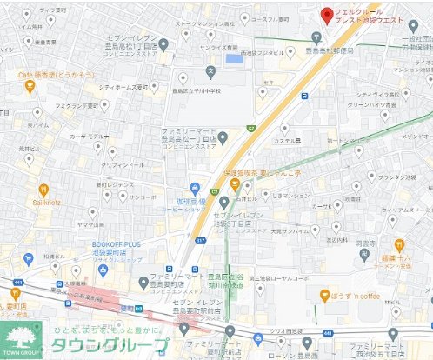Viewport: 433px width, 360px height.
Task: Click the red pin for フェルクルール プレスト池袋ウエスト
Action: point(325,15)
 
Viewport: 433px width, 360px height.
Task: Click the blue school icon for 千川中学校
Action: point(210,70)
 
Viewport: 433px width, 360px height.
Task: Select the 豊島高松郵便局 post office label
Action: point(331,50)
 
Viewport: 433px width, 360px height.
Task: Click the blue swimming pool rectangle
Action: point(234,59)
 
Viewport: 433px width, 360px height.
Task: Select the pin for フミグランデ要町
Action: point(103,106)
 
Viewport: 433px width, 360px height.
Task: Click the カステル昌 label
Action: point(287,140)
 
